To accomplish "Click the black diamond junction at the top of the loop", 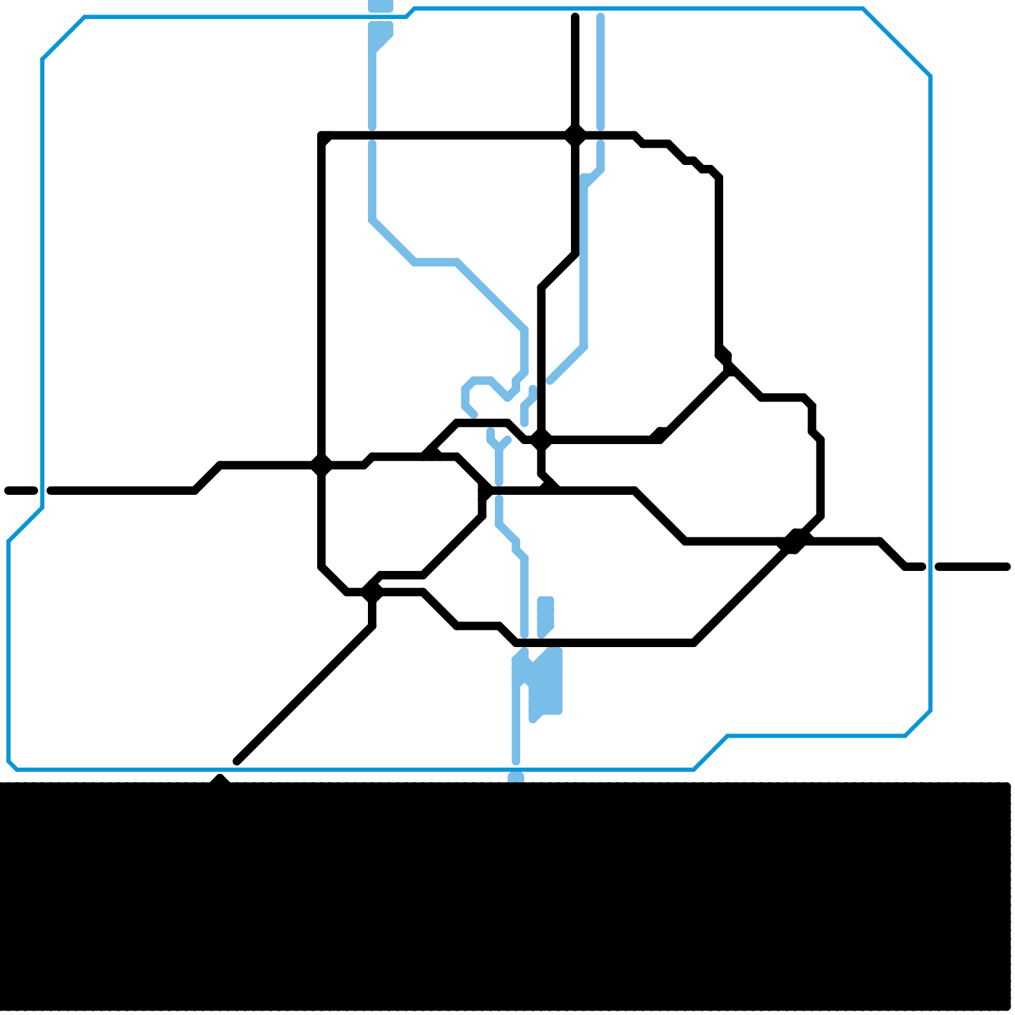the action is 575,135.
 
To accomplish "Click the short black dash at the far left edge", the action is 21,490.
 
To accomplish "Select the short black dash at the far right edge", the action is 972,566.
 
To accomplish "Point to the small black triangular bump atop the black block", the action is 219,780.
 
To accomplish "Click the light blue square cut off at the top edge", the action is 381,6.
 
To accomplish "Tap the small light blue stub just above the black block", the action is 516,777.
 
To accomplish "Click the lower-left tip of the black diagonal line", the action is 237,761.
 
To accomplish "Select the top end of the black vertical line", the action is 575,16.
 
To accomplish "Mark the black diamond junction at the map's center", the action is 541,440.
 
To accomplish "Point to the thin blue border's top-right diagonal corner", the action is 897,42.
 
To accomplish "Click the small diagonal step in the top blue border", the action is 410,13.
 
